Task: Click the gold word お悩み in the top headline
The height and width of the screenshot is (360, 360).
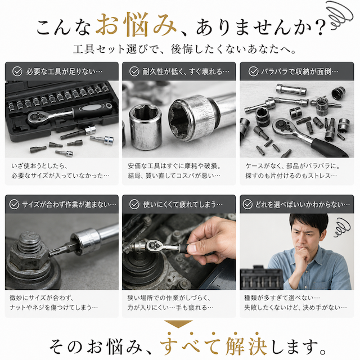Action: pyautogui.click(x=136, y=25)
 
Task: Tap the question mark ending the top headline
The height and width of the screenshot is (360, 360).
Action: pyautogui.click(x=320, y=26)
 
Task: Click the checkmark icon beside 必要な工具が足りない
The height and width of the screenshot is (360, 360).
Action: pyautogui.click(x=17, y=71)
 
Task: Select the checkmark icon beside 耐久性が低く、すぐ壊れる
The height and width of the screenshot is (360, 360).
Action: pyautogui.click(x=134, y=71)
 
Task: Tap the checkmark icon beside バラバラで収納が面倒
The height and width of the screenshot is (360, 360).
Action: pyautogui.click(x=254, y=71)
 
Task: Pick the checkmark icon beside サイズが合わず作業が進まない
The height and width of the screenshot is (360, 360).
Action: pyautogui.click(x=14, y=204)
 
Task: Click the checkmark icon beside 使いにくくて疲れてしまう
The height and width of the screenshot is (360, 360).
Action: pyautogui.click(x=134, y=204)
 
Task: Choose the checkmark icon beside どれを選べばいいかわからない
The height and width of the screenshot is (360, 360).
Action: pyautogui.click(x=247, y=204)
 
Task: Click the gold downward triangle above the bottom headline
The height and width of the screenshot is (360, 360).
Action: pyautogui.click(x=178, y=324)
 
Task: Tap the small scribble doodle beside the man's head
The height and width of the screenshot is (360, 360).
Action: pyautogui.click(x=342, y=227)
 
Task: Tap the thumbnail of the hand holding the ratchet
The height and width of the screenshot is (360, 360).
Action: pyautogui.click(x=191, y=247)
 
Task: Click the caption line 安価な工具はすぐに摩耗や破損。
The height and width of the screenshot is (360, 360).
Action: pyautogui.click(x=174, y=166)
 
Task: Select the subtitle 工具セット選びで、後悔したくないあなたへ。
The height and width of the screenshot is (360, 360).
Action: pyautogui.click(x=185, y=49)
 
